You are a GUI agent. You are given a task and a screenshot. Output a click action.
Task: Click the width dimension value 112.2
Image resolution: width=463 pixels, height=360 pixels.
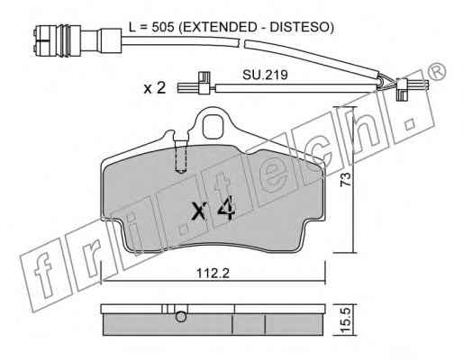coord(213,273)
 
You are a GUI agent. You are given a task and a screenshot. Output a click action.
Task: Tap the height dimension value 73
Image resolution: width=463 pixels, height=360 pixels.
coord(345,179)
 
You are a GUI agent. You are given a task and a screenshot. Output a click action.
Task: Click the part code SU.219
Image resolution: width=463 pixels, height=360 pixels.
coord(265,75)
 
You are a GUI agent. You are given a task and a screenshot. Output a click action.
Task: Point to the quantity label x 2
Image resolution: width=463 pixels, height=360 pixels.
coord(155,88)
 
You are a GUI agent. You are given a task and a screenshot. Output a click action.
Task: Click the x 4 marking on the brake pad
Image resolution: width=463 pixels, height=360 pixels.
coord(213,209)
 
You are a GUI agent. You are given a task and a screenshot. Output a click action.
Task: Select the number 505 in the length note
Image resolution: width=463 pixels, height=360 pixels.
coord(163,27)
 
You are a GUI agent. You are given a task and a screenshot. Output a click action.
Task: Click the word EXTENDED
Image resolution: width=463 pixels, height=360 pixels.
coord(221,27)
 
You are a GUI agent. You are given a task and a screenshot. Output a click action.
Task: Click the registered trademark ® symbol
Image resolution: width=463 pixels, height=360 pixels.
coord(436,72)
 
